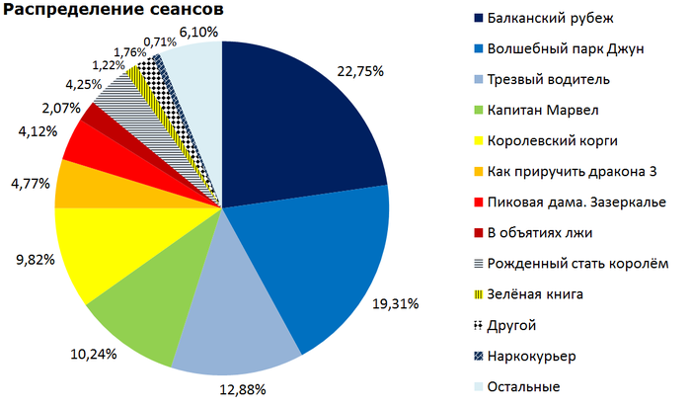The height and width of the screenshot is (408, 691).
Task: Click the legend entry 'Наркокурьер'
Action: [531, 355]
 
